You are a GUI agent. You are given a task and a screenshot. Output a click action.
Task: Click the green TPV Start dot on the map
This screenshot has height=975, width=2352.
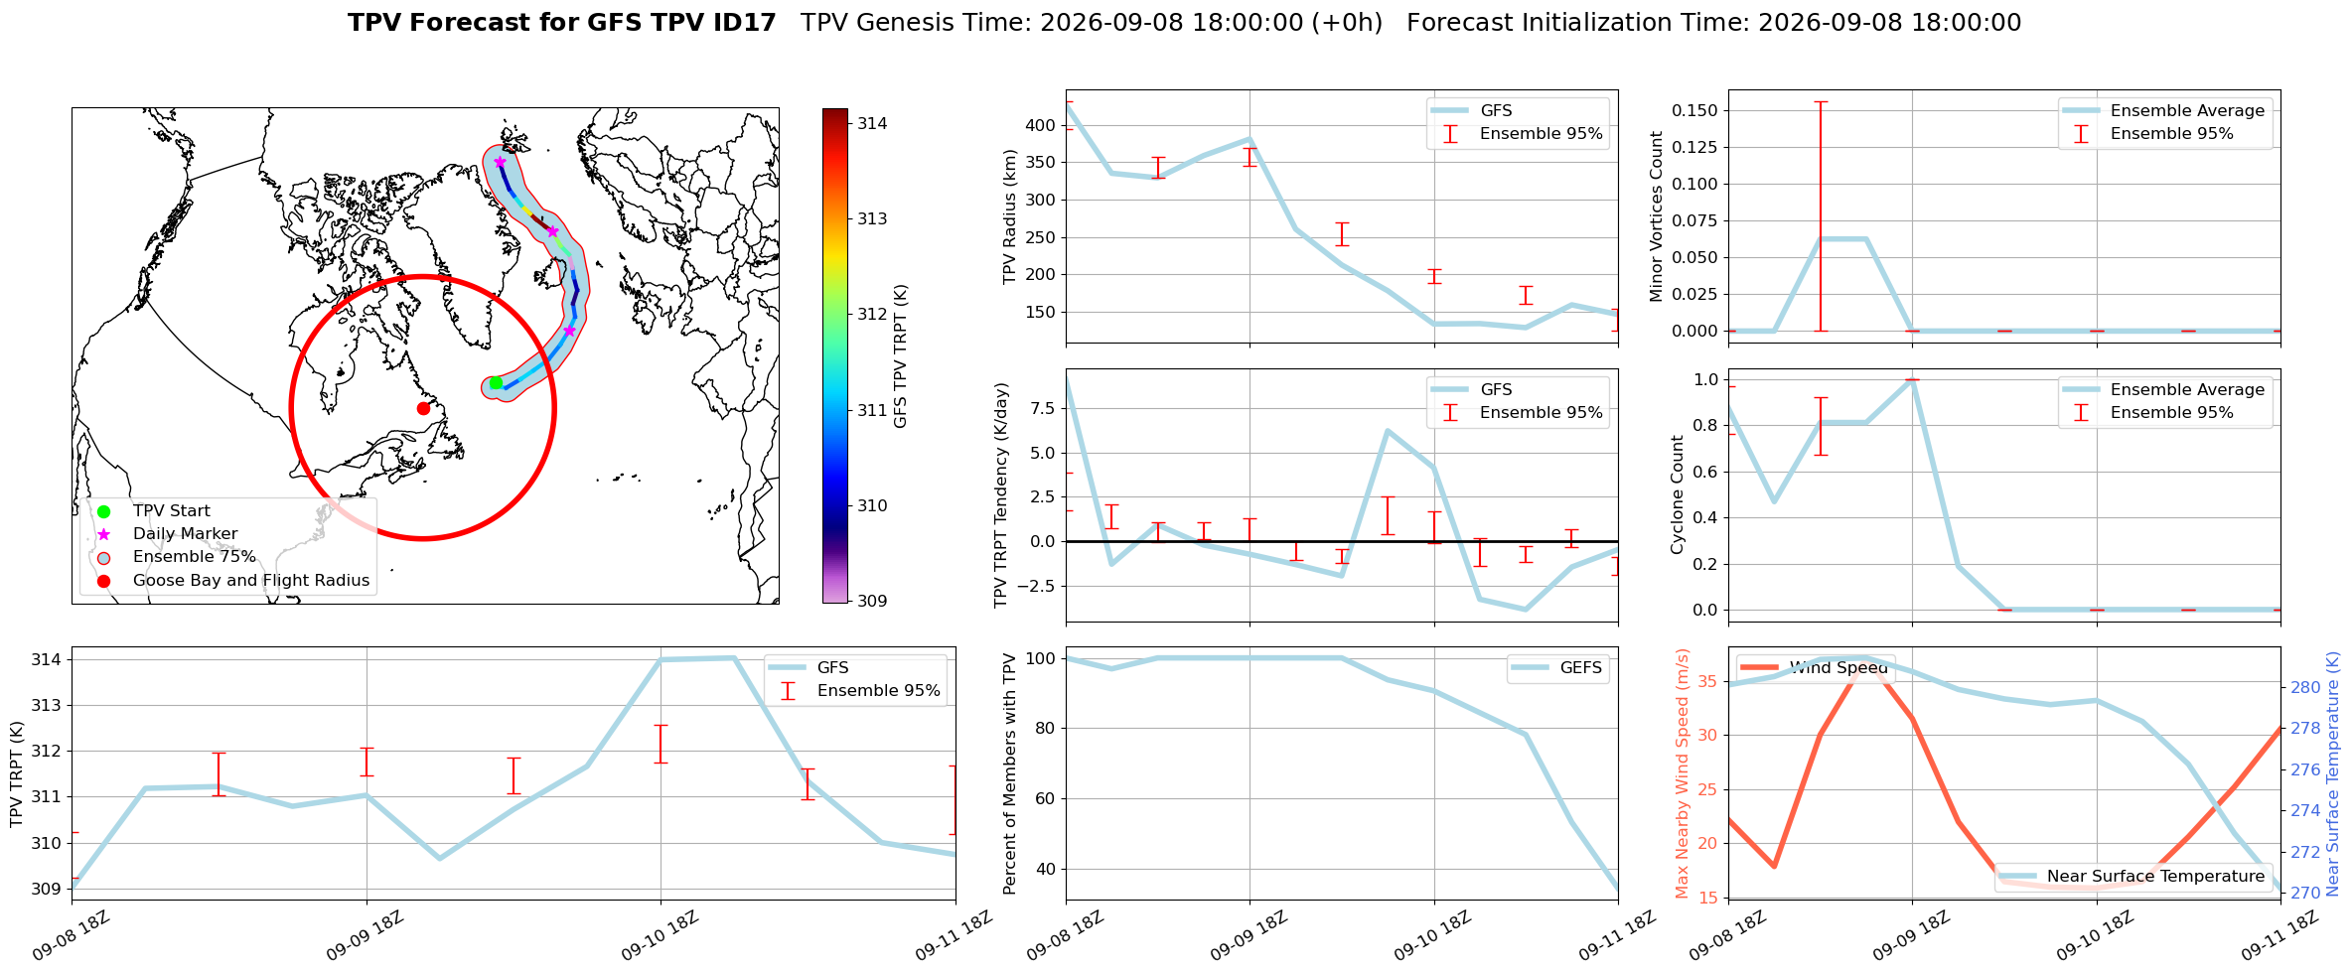[x=496, y=383]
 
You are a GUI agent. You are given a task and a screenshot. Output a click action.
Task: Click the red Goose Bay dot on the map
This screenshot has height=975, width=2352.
[x=423, y=408]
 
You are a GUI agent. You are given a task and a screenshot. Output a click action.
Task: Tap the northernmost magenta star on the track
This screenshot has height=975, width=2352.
[x=500, y=162]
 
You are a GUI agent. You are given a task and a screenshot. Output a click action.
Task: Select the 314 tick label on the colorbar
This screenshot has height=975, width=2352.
[x=873, y=123]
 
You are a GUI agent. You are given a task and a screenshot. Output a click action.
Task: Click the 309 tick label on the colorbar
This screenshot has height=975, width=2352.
[x=873, y=601]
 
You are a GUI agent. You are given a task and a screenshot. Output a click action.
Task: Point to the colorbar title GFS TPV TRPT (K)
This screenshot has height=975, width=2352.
[x=901, y=356]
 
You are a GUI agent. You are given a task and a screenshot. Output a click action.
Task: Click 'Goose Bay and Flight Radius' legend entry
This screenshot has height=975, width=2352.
[x=251, y=580]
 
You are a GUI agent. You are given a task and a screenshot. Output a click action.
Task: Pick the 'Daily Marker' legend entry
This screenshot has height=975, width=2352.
[x=186, y=534]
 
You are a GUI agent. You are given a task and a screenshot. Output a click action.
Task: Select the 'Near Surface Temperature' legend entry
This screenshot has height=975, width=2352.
[x=2156, y=876]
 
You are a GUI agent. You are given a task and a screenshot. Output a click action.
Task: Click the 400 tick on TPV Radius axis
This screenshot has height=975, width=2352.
[x=1040, y=125]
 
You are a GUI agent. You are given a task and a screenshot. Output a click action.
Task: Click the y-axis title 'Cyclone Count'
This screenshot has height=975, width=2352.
[x=1678, y=494]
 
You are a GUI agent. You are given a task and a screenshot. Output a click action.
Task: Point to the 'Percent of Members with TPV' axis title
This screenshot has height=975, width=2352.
[x=1010, y=773]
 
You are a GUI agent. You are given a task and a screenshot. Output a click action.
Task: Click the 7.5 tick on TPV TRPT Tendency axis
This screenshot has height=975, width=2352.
[x=1044, y=408]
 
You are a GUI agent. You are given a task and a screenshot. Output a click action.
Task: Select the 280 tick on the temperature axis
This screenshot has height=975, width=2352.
[x=2305, y=687]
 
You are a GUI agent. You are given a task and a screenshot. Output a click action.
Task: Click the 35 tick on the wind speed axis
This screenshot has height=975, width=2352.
[x=1707, y=681]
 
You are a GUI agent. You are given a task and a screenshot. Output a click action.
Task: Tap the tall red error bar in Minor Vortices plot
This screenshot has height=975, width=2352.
[x=1821, y=215]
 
